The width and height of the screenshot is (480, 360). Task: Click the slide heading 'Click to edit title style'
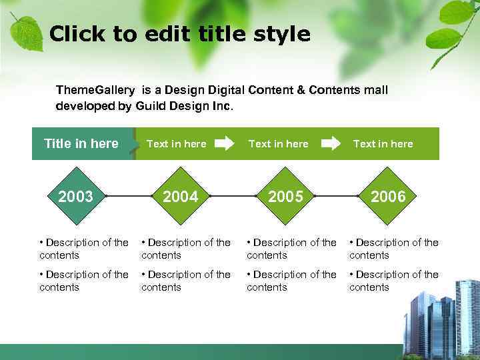(180, 34)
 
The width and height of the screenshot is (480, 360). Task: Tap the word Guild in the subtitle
(151, 106)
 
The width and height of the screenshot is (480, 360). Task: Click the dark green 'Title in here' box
(81, 143)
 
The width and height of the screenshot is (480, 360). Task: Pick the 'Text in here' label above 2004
(176, 143)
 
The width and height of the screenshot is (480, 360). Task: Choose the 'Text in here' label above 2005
(278, 143)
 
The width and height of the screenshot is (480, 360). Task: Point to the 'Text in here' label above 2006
(383, 143)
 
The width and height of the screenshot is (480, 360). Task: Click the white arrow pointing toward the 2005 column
(225, 143)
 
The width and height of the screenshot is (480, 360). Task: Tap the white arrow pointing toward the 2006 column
(331, 143)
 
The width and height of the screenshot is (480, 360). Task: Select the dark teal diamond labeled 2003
(76, 197)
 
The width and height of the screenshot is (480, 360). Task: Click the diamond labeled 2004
(181, 197)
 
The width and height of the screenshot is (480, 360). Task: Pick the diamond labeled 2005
(285, 197)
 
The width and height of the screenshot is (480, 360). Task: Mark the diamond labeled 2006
(388, 197)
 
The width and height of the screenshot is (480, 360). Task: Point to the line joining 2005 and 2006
(337, 197)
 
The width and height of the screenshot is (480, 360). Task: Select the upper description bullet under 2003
(84, 249)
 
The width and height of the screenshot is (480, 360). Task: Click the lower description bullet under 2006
(393, 281)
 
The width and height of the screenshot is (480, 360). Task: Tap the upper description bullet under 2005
(291, 249)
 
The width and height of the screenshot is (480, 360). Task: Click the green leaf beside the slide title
(27, 31)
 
